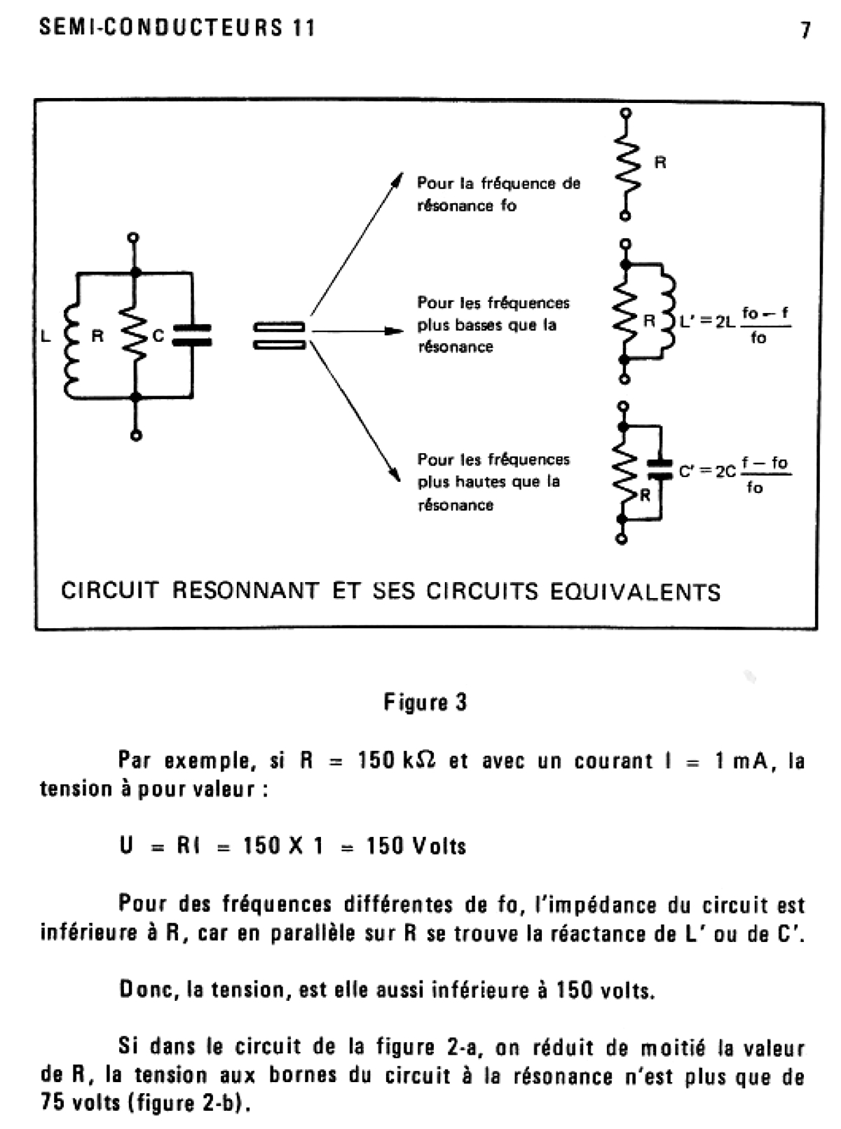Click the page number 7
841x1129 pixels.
806,30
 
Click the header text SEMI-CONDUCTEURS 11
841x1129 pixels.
177,28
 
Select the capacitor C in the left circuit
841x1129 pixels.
191,335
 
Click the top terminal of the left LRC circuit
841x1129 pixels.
135,238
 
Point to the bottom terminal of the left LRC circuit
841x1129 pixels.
137,435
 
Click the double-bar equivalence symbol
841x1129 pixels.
279,335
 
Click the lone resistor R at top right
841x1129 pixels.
627,165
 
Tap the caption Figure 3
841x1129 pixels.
425,702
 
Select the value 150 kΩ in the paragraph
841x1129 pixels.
397,761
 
